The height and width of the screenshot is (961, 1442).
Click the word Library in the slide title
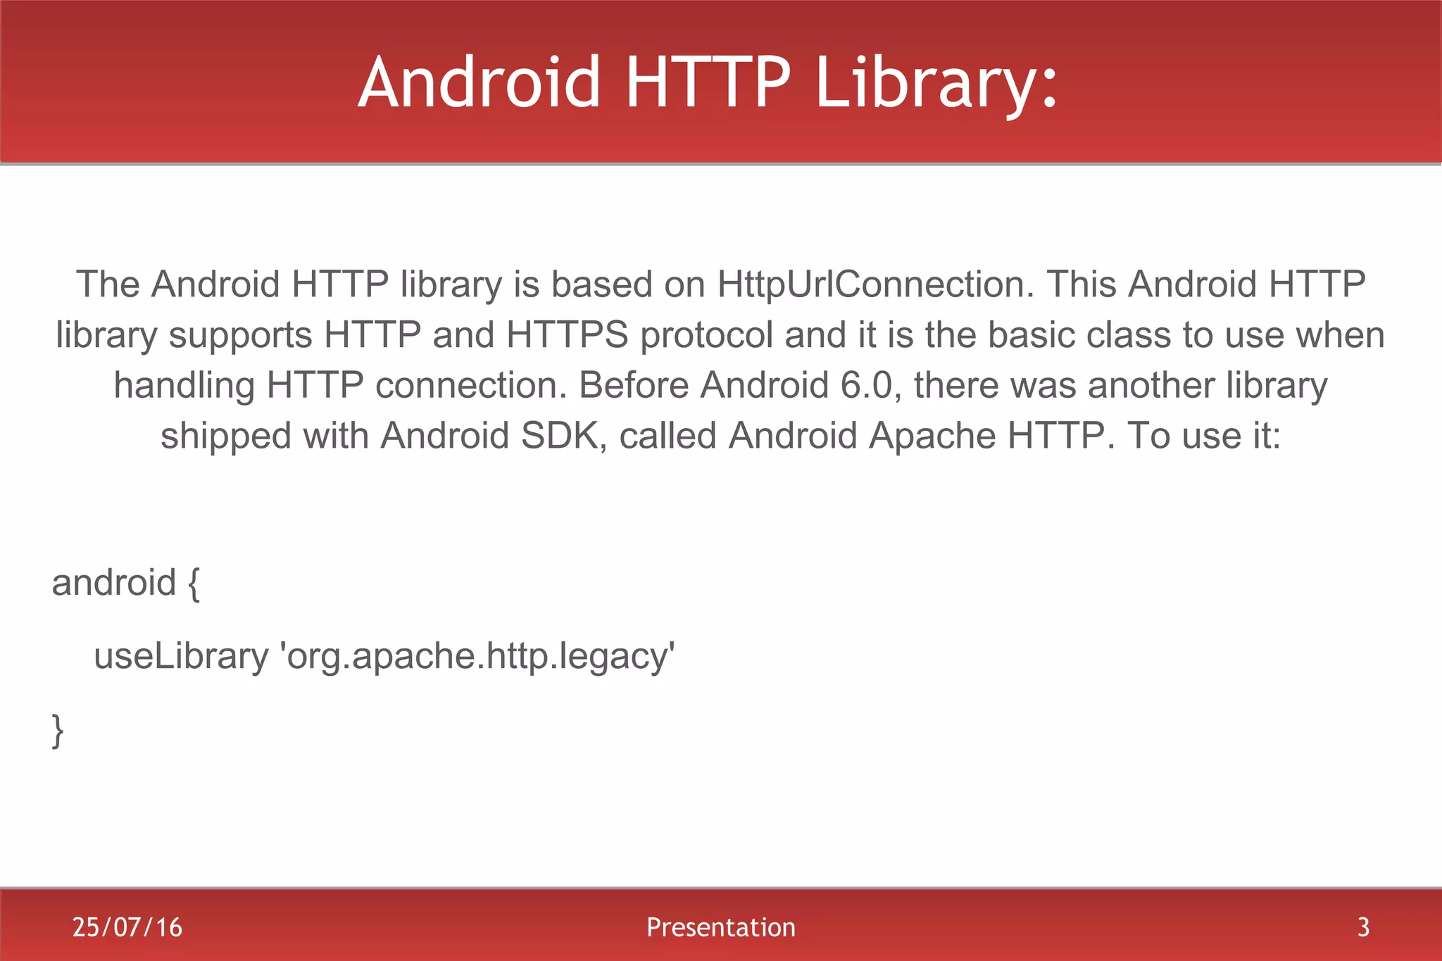click(x=936, y=83)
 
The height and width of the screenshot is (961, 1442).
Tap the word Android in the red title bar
click(x=479, y=83)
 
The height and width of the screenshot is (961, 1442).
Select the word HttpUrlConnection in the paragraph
click(x=876, y=284)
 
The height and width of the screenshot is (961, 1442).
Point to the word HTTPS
click(x=568, y=335)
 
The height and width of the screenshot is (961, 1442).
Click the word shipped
click(x=226, y=436)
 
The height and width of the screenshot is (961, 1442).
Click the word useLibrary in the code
click(x=181, y=657)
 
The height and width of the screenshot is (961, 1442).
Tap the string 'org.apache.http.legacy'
click(x=477, y=657)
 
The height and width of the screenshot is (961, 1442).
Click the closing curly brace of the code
click(x=58, y=730)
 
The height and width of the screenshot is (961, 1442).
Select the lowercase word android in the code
click(x=113, y=583)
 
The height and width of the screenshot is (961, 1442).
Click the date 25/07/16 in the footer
click(x=127, y=927)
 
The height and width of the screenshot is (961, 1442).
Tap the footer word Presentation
click(x=721, y=927)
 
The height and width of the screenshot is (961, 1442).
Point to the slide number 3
click(x=1363, y=927)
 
